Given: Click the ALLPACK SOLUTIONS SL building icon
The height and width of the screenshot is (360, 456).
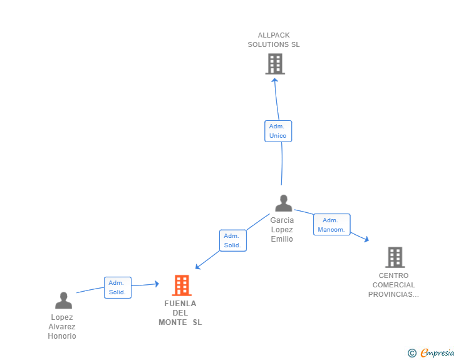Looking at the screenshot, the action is [x=275, y=64].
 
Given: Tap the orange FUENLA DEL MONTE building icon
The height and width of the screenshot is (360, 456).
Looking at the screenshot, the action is [x=182, y=285].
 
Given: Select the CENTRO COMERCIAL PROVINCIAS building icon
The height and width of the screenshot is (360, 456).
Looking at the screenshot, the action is [x=395, y=257].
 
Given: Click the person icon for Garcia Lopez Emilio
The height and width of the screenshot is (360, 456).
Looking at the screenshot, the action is [x=284, y=203].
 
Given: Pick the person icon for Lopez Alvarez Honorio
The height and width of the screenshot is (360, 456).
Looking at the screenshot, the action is [x=63, y=300].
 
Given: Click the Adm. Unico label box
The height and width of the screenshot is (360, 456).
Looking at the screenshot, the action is [x=278, y=131].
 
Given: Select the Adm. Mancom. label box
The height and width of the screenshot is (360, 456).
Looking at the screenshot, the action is [x=332, y=225].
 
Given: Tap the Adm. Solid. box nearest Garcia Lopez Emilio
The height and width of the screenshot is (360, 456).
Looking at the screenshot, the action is [x=233, y=240].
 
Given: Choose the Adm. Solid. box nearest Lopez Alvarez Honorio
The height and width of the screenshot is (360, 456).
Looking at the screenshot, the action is [x=118, y=287].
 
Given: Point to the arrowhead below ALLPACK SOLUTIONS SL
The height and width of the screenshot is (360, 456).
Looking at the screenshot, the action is [x=274, y=80].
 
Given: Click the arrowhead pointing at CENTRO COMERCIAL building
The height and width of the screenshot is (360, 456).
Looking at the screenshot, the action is [x=366, y=239].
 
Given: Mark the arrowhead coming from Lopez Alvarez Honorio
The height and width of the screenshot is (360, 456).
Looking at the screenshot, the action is [x=157, y=284].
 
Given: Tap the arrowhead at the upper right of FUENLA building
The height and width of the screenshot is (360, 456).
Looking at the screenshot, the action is [x=198, y=266].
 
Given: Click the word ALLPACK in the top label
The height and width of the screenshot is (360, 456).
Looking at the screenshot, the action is [x=274, y=35].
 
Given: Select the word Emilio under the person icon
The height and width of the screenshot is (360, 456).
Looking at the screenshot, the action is [x=282, y=239].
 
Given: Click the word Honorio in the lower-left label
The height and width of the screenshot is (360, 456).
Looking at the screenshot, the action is [x=62, y=336].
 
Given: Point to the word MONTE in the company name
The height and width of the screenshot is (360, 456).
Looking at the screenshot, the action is [x=173, y=322].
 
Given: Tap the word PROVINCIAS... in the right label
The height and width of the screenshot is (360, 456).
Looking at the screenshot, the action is [x=393, y=294].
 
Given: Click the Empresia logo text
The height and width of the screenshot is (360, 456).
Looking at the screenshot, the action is [x=437, y=353].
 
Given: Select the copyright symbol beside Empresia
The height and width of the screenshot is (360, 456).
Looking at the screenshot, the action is [x=412, y=353].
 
